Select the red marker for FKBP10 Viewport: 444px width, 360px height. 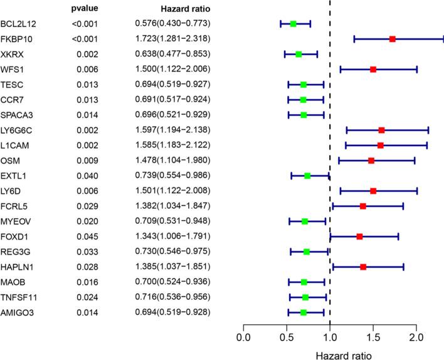[x=393, y=39]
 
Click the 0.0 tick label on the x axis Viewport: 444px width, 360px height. [x=243, y=339]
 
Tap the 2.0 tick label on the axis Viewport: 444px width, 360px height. [x=416, y=339]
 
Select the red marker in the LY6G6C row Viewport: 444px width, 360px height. [x=381, y=130]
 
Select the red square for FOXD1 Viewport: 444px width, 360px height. [x=359, y=236]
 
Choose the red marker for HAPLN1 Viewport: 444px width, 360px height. [x=363, y=267]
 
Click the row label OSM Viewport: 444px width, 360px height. [x=11, y=160]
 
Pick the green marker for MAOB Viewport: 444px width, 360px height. [x=304, y=282]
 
